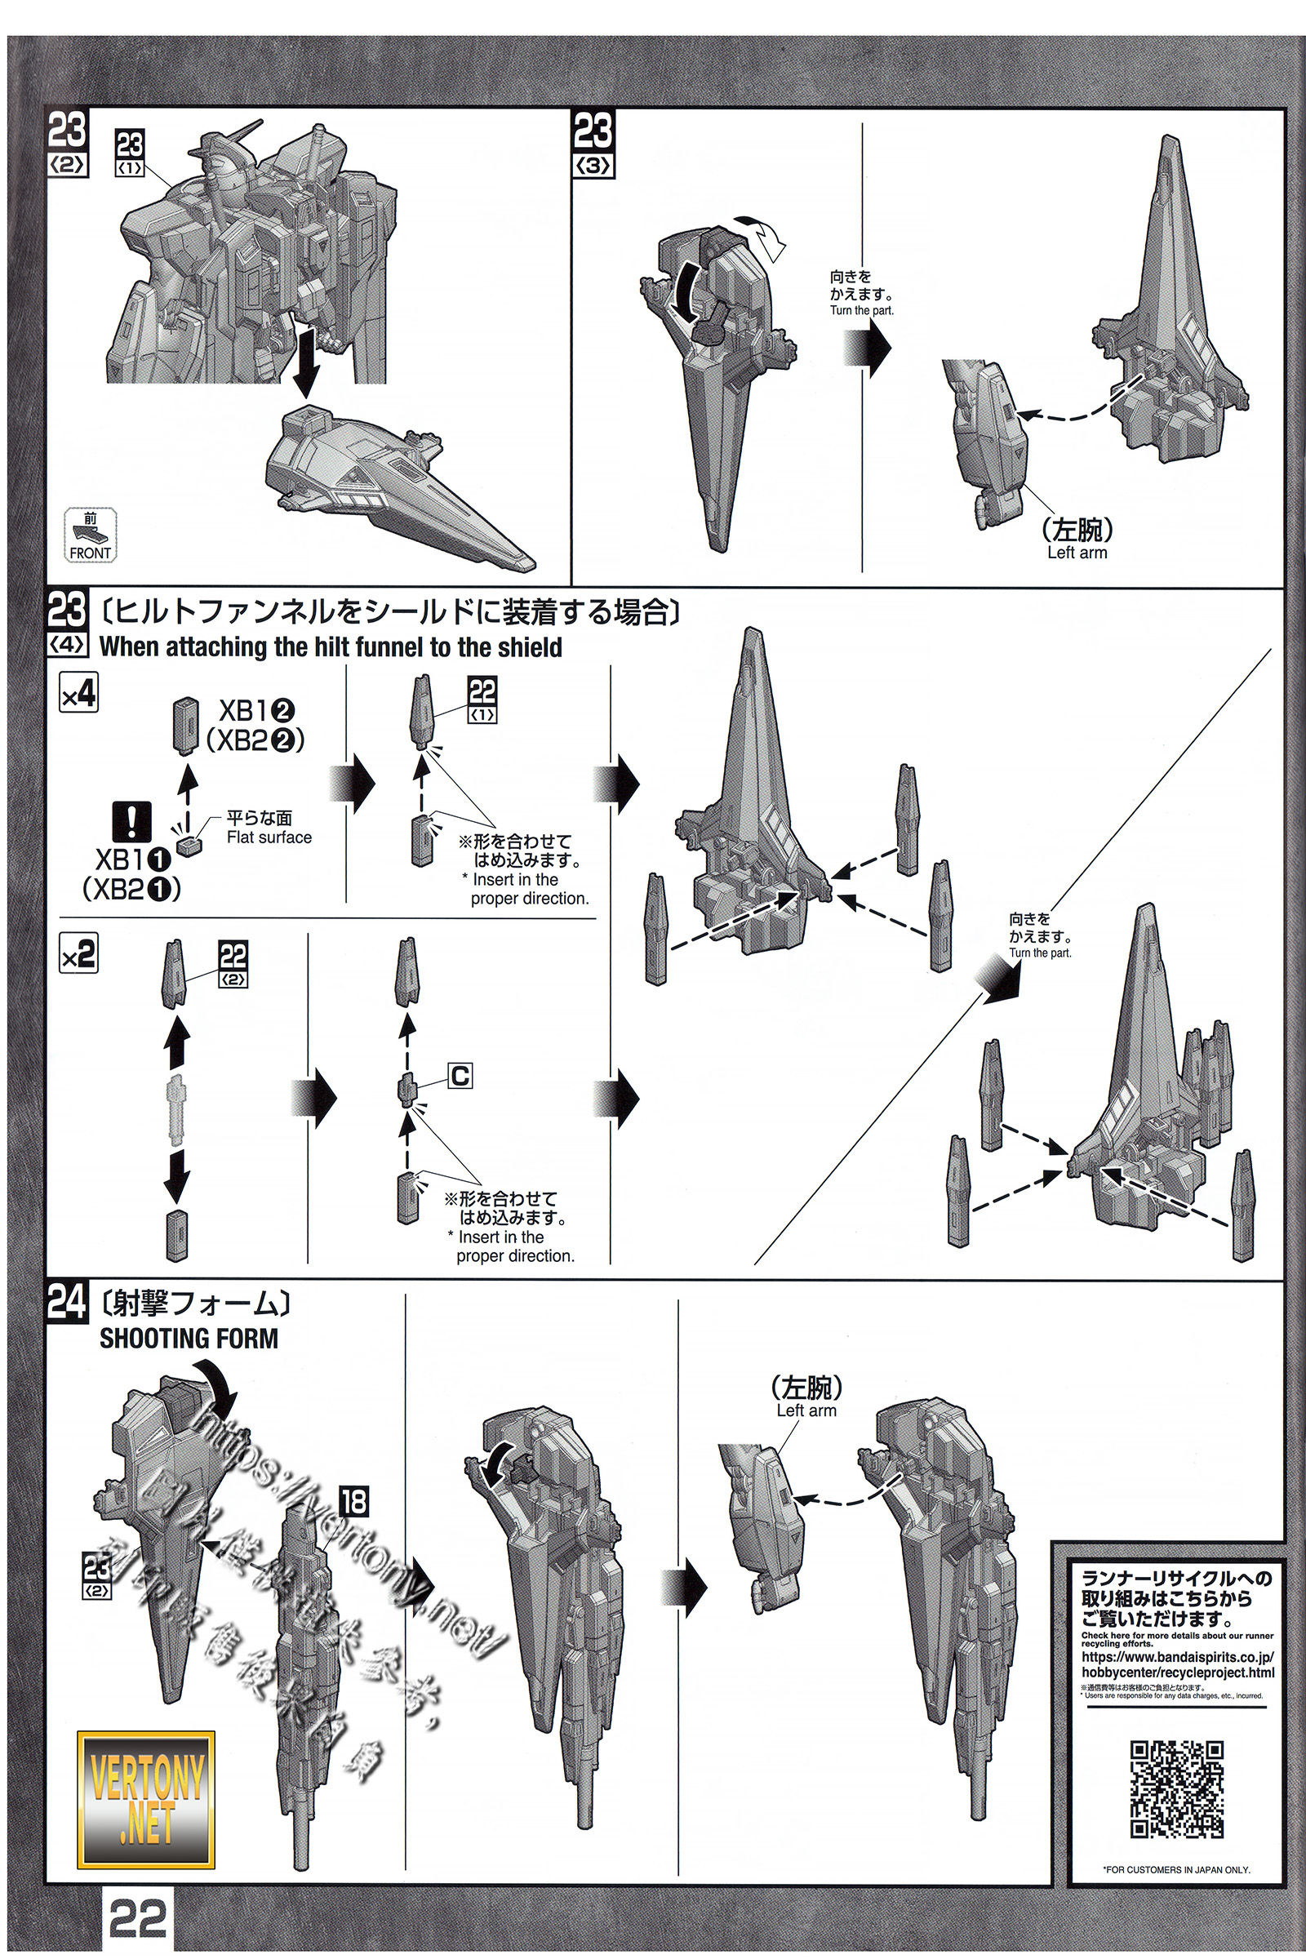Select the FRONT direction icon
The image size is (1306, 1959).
pos(90,535)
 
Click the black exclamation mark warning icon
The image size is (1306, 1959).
pos(131,823)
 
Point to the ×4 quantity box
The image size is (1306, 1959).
pos(78,692)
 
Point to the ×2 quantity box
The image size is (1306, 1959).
pos(78,953)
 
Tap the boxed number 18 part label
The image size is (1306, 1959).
pos(353,1502)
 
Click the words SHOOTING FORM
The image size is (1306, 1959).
pos(189,1339)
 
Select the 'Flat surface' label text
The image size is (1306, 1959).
pos(269,838)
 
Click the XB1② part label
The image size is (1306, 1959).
pos(256,710)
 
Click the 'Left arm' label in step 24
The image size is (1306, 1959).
pos(806,1410)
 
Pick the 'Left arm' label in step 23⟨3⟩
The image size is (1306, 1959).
pos(1077,553)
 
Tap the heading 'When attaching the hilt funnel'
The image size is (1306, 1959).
pos(331,647)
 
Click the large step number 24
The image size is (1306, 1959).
pos(67,1304)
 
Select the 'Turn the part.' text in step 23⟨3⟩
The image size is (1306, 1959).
pos(861,311)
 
